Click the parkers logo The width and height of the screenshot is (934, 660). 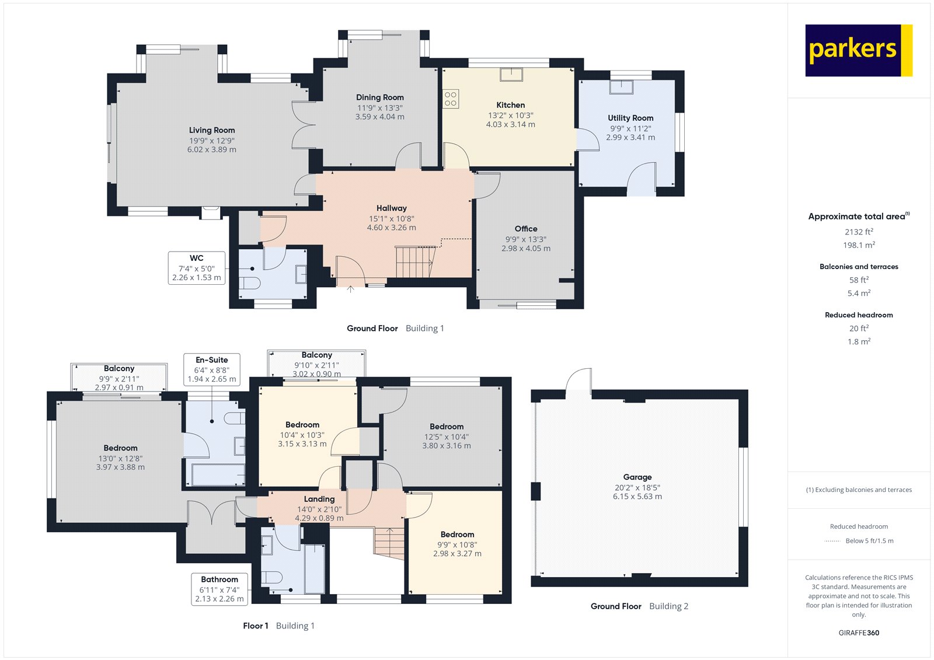tap(858, 50)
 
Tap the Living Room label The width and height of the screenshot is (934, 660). tap(212, 130)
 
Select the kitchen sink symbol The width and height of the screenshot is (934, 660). tap(511, 74)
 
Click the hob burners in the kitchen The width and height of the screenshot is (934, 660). tap(450, 99)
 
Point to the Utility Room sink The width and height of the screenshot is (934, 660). tap(621, 86)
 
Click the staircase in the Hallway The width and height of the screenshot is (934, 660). tap(415, 262)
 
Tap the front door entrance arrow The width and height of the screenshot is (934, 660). tap(350, 288)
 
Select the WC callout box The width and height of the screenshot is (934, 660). tap(197, 268)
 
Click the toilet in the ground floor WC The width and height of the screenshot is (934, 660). tap(250, 283)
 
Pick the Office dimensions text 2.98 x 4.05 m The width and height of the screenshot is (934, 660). tap(525, 249)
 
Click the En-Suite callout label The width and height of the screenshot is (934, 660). tap(212, 360)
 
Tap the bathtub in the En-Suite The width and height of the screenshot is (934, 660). tap(218, 474)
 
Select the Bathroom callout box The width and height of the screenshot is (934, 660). tap(219, 589)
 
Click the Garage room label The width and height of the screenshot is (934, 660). tap(637, 477)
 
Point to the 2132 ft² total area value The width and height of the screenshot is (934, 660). tap(859, 232)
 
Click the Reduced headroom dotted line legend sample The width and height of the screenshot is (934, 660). tap(832, 541)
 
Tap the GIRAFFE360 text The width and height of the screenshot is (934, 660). tap(859, 633)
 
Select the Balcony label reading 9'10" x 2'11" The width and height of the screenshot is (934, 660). tap(316, 365)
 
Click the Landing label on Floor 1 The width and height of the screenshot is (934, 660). tap(319, 499)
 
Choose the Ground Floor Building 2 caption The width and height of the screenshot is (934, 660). tap(639, 606)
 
